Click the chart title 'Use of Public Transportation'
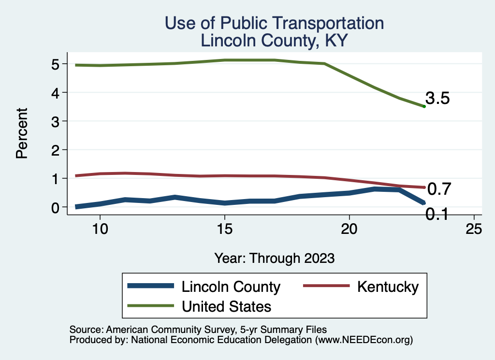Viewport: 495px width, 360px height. click(x=274, y=23)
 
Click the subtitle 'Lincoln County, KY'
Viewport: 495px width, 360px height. click(x=274, y=41)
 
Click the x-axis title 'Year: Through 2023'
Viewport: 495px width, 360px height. click(x=274, y=258)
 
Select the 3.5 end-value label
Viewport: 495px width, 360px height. click(x=437, y=99)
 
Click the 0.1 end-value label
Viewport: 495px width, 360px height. click(x=436, y=213)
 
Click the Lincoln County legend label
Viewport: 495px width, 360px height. click(x=231, y=287)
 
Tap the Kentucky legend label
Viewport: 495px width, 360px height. click(x=388, y=287)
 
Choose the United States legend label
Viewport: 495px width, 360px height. click(x=226, y=306)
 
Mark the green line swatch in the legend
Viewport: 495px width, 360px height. click(x=150, y=305)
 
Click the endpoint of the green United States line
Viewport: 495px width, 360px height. click(x=424, y=106)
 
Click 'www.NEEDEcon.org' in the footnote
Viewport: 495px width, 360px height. click(x=363, y=340)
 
